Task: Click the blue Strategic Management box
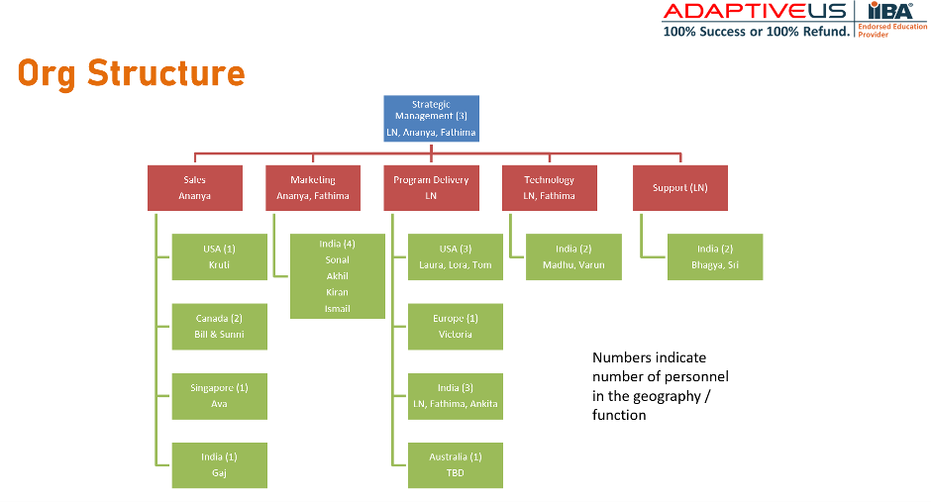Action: pyautogui.click(x=431, y=118)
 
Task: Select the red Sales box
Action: pyautogui.click(x=194, y=188)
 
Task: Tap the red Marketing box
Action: pyautogui.click(x=312, y=188)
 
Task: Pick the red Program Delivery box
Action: pyautogui.click(x=431, y=188)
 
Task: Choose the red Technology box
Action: pyautogui.click(x=549, y=188)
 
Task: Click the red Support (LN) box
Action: pyautogui.click(x=679, y=188)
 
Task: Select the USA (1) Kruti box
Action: pyautogui.click(x=219, y=256)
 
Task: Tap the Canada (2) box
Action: pyautogui.click(x=219, y=327)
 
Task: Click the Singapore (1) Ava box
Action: pyautogui.click(x=219, y=396)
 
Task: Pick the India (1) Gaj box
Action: pyautogui.click(x=219, y=465)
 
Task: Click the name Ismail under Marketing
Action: pyautogui.click(x=337, y=309)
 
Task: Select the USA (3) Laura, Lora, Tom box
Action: pyautogui.click(x=455, y=256)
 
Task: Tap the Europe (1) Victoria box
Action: pyautogui.click(x=455, y=327)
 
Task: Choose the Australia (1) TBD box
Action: pyautogui.click(x=455, y=465)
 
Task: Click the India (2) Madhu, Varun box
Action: pyautogui.click(x=573, y=256)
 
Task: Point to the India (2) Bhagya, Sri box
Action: pyautogui.click(x=714, y=256)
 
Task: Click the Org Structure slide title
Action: pyautogui.click(x=132, y=73)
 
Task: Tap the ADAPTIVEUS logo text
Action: pyautogui.click(x=755, y=12)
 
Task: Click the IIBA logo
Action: pyautogui.click(x=890, y=12)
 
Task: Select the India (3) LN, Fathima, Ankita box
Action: pyautogui.click(x=455, y=396)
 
